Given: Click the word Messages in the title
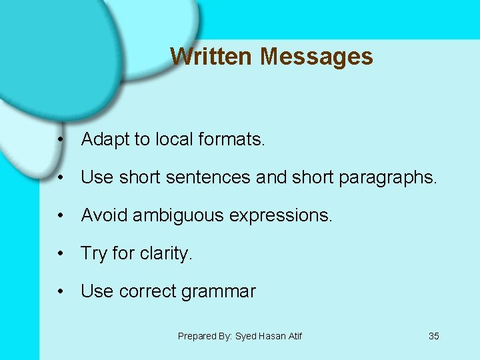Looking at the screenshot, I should pos(317,56).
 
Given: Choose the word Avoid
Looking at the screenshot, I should pos(105,215).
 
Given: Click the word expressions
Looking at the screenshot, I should pos(284,216).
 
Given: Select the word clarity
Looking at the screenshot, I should pos(166,254).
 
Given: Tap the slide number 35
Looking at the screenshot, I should pos(433,336).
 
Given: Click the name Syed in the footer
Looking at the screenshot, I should pos(247,336).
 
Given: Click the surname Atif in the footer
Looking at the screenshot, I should pos(295,336).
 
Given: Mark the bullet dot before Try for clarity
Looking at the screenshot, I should pos(61,254).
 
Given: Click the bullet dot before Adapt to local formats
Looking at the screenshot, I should pos(61,140).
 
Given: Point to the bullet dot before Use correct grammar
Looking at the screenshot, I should pos(61,291).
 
